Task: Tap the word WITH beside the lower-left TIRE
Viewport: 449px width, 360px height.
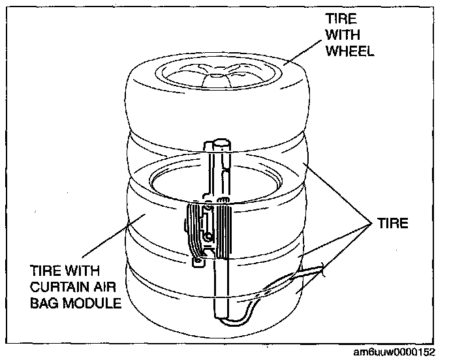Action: [x=80, y=271]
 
